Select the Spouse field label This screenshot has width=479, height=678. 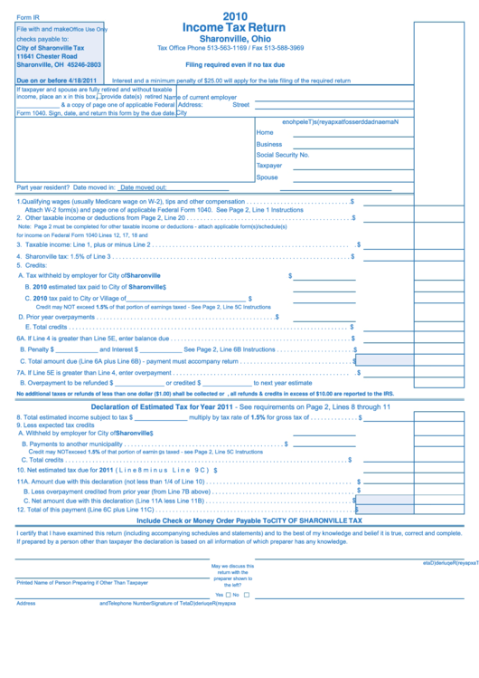coord(268,177)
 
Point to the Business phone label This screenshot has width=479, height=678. coord(269,144)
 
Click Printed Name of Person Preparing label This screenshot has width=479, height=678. coord(81,583)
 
